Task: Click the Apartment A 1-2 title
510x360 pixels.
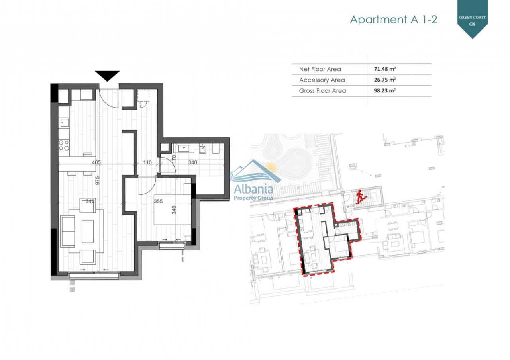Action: (x=393, y=20)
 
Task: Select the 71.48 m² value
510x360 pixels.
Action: (x=385, y=69)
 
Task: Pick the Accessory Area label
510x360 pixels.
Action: (x=322, y=80)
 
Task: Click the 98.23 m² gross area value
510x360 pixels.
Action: (x=385, y=90)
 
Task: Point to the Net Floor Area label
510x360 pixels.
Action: (x=320, y=69)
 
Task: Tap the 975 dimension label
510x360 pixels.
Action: (x=97, y=180)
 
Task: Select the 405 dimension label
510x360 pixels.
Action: (x=96, y=162)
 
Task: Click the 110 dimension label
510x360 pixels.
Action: (x=147, y=162)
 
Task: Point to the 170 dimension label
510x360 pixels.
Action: (x=174, y=159)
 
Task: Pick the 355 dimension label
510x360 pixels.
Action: (x=158, y=201)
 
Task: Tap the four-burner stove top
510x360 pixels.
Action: (x=64, y=145)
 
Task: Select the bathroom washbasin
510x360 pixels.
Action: (x=184, y=149)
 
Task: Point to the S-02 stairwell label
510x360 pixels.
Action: (x=350, y=206)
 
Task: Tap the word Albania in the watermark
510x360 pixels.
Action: (x=253, y=189)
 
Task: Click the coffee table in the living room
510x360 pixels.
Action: (x=88, y=231)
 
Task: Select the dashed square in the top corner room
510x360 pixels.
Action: (x=143, y=95)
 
